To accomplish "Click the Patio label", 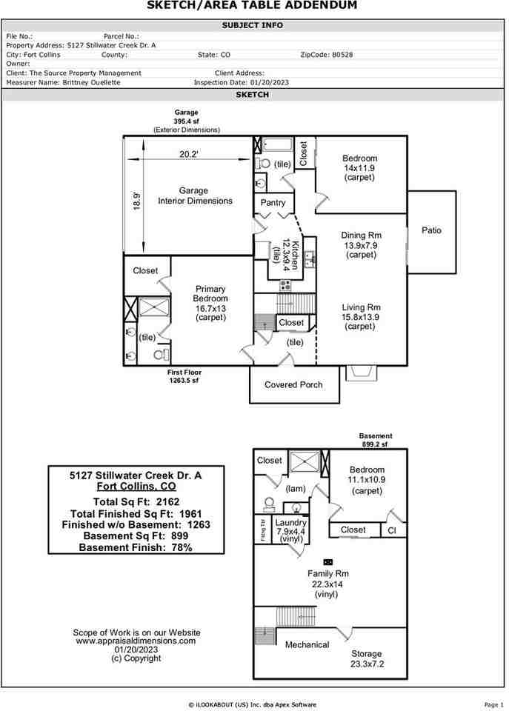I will pos(431,230).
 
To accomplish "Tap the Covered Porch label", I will pos(293,384).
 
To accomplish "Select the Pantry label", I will pos(273,202).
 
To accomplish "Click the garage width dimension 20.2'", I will pos(189,154).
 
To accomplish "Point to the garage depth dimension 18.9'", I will pos(136,201).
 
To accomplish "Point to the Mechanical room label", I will pos(307,644).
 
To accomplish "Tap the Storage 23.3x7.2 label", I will pos(367,658).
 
